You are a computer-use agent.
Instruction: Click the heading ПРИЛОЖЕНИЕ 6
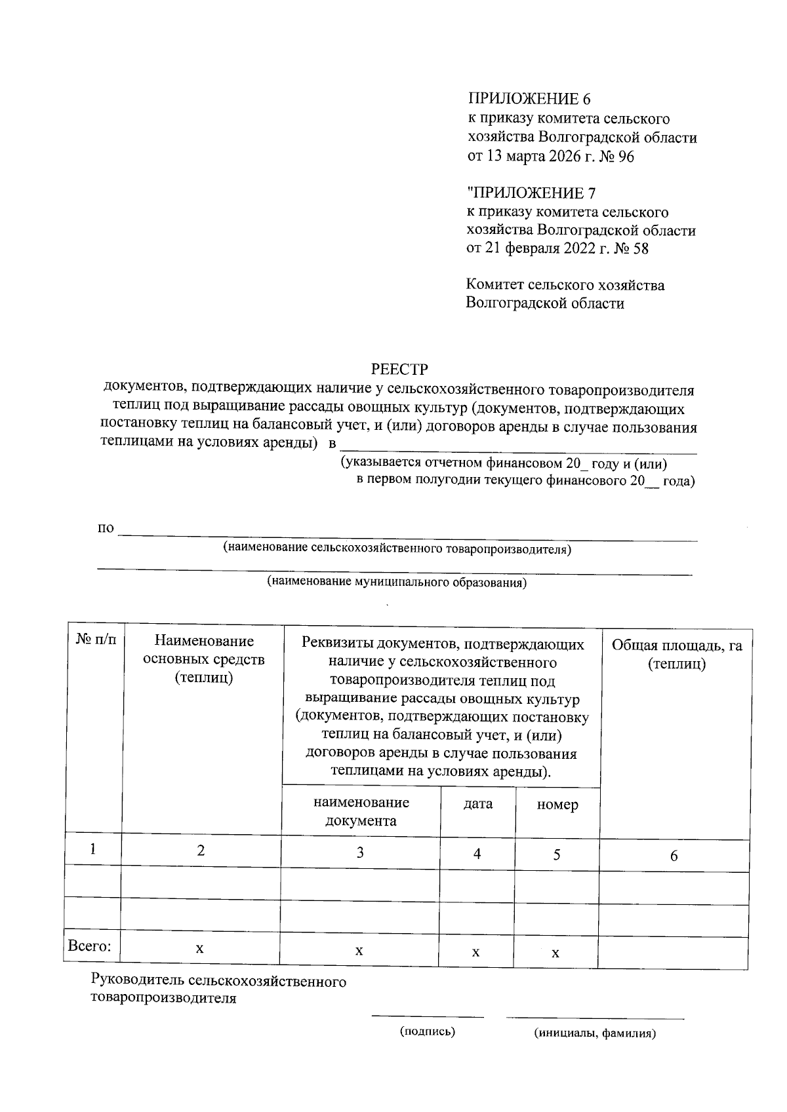529,99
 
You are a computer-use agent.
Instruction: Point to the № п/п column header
96,640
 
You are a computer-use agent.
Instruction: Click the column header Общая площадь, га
676,645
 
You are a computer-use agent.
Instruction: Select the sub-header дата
477,804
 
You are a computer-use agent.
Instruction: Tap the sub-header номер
557,805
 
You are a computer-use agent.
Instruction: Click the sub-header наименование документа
361,811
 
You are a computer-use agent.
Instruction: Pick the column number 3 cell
359,852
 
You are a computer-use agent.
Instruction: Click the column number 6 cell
674,856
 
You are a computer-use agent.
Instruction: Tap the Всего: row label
90,946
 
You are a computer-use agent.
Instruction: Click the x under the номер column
555,953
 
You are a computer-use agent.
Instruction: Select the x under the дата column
475,951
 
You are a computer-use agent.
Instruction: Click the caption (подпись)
428,1031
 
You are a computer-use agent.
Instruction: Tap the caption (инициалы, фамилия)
595,1033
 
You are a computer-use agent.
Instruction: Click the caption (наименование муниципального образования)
397,582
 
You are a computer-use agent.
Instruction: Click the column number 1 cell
93,849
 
